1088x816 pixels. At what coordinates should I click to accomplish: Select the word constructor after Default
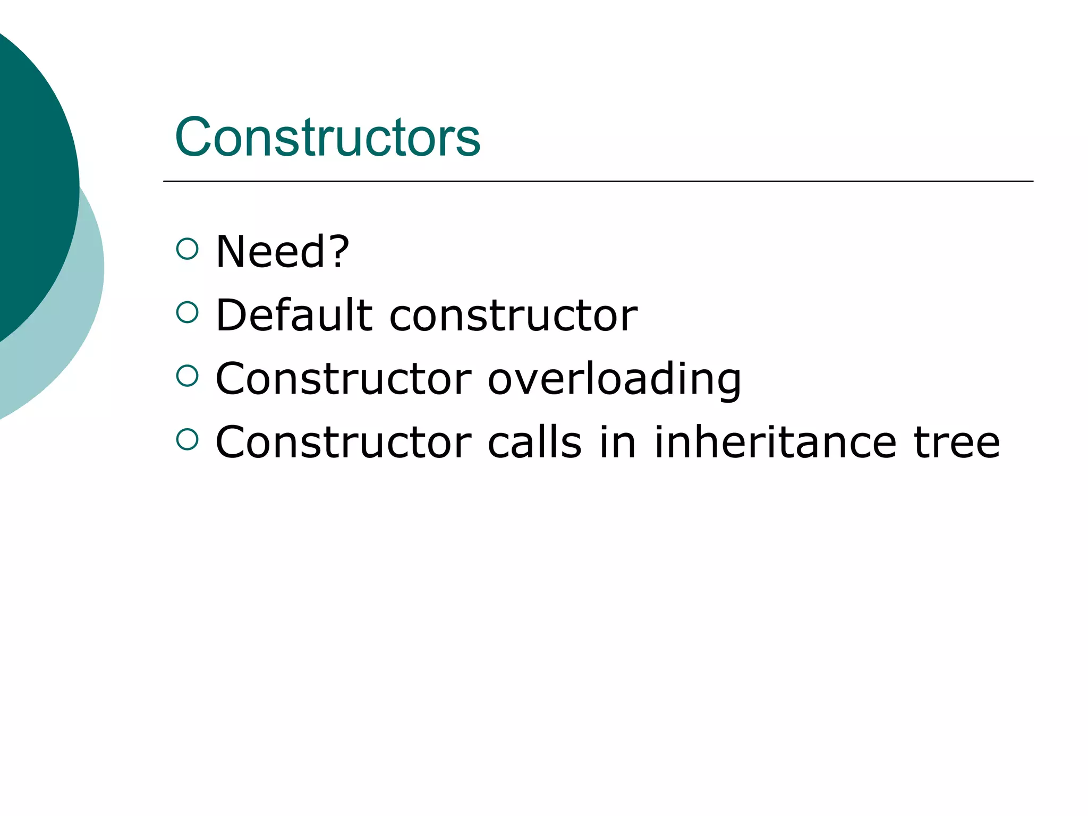(513, 316)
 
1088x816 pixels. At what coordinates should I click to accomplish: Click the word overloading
(614, 379)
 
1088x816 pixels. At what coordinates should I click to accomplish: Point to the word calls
(534, 442)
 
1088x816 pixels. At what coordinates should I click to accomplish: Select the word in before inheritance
(617, 442)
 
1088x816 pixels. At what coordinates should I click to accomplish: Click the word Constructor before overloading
(344, 379)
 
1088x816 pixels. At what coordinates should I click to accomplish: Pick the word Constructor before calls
(344, 442)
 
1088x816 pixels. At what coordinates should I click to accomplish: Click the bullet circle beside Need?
(187, 249)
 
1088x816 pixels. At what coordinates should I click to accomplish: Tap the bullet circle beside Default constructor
(187, 312)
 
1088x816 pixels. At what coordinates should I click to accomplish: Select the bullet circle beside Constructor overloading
(187, 376)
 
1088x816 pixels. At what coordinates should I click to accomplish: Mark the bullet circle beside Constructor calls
(187, 439)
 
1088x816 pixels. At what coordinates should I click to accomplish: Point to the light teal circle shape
(80, 319)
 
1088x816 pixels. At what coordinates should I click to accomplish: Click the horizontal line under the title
(598, 182)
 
